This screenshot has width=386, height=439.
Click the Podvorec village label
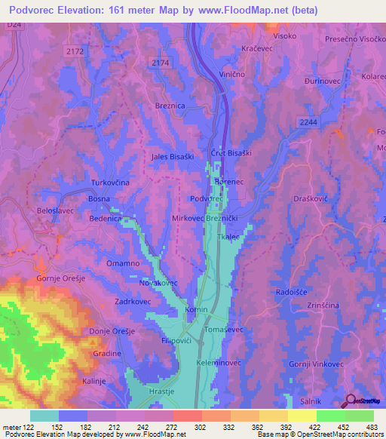click(x=206, y=198)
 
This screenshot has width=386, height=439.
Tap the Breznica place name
click(x=170, y=107)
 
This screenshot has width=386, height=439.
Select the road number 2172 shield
click(x=75, y=51)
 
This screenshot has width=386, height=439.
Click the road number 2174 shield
click(x=161, y=63)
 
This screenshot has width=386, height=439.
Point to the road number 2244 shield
click(x=308, y=121)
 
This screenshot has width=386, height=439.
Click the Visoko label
click(x=284, y=35)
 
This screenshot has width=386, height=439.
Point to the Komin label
click(x=197, y=310)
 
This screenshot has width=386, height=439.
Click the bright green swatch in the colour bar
click(x=330, y=416)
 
